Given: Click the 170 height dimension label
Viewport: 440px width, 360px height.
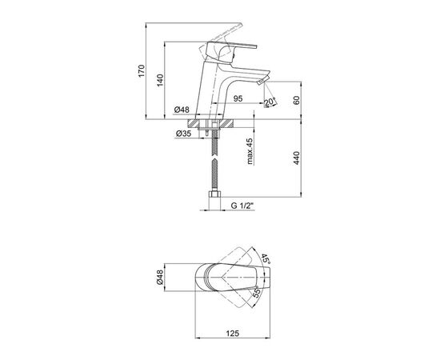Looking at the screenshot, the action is (x=142, y=70).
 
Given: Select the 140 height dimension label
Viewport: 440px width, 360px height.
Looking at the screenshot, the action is (x=160, y=80).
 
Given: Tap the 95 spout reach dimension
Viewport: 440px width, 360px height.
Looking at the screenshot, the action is (x=238, y=98).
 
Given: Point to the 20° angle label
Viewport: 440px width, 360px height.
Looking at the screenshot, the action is (x=270, y=102).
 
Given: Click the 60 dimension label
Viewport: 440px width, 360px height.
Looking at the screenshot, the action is (x=296, y=100).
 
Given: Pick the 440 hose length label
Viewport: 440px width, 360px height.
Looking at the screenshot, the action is (x=296, y=158).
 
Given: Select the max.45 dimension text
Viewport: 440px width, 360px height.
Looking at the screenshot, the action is (x=250, y=151).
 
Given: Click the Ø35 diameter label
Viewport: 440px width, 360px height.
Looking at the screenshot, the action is (x=183, y=134).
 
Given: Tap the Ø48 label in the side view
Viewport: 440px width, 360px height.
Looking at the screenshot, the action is (x=182, y=110).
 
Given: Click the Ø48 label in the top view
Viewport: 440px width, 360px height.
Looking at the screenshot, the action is (x=160, y=278).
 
